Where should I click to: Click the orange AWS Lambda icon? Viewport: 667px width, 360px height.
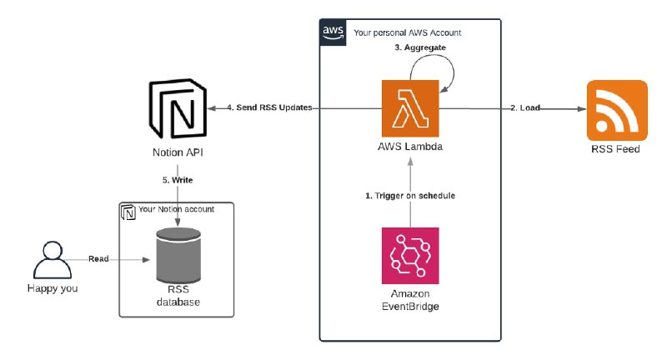tap(409, 108)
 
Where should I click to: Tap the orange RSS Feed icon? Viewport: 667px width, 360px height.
tap(617, 110)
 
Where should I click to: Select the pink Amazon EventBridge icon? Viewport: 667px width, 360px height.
tap(409, 256)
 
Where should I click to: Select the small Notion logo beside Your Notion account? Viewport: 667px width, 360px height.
tap(128, 211)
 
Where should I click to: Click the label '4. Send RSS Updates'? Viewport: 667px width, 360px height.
tap(263, 108)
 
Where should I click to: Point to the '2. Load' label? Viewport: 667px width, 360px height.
tap(524, 108)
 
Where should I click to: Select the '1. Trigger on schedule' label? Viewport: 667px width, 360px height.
tap(409, 196)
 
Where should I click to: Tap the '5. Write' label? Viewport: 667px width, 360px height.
tap(176, 179)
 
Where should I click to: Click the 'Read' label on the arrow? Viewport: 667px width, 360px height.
tap(98, 259)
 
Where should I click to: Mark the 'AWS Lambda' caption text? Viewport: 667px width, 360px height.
tap(409, 147)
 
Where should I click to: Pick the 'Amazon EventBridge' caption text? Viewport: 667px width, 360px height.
tap(409, 300)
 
